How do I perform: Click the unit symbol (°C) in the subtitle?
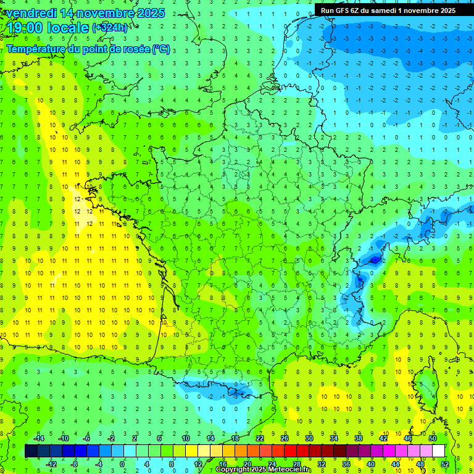click(161, 49)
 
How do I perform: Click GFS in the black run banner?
click(342, 10)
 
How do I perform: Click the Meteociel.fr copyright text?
click(263, 470)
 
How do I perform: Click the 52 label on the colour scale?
click(445, 464)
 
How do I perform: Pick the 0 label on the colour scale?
click(122, 464)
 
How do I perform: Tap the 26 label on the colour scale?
click(285, 438)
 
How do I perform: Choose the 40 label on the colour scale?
click(370, 464)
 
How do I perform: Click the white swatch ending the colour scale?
click(438, 451)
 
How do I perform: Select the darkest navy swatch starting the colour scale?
click(31, 451)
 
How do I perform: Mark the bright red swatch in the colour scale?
click(290, 451)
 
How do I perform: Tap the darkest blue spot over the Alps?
click(374, 260)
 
